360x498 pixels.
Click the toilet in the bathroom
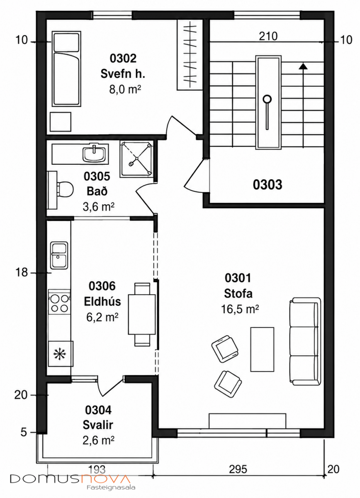coord(61,189)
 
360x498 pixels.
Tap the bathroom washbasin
coord(94,154)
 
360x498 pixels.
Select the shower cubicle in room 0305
coord(136,159)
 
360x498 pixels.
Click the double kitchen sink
coord(59,255)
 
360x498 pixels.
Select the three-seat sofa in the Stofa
coord(305,341)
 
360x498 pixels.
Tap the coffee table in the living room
coord(262,349)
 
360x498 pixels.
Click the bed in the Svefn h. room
coord(66,69)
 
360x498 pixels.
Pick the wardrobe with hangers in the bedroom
coord(190,55)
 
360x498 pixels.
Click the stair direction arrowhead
coord(303,66)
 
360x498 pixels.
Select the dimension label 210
coord(268,36)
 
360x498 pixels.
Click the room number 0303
coord(268,185)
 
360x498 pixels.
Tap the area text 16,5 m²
coord(240,309)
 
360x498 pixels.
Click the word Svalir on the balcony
coord(98,425)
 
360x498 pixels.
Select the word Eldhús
coord(102,302)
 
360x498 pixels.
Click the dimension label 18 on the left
coord(22,272)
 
